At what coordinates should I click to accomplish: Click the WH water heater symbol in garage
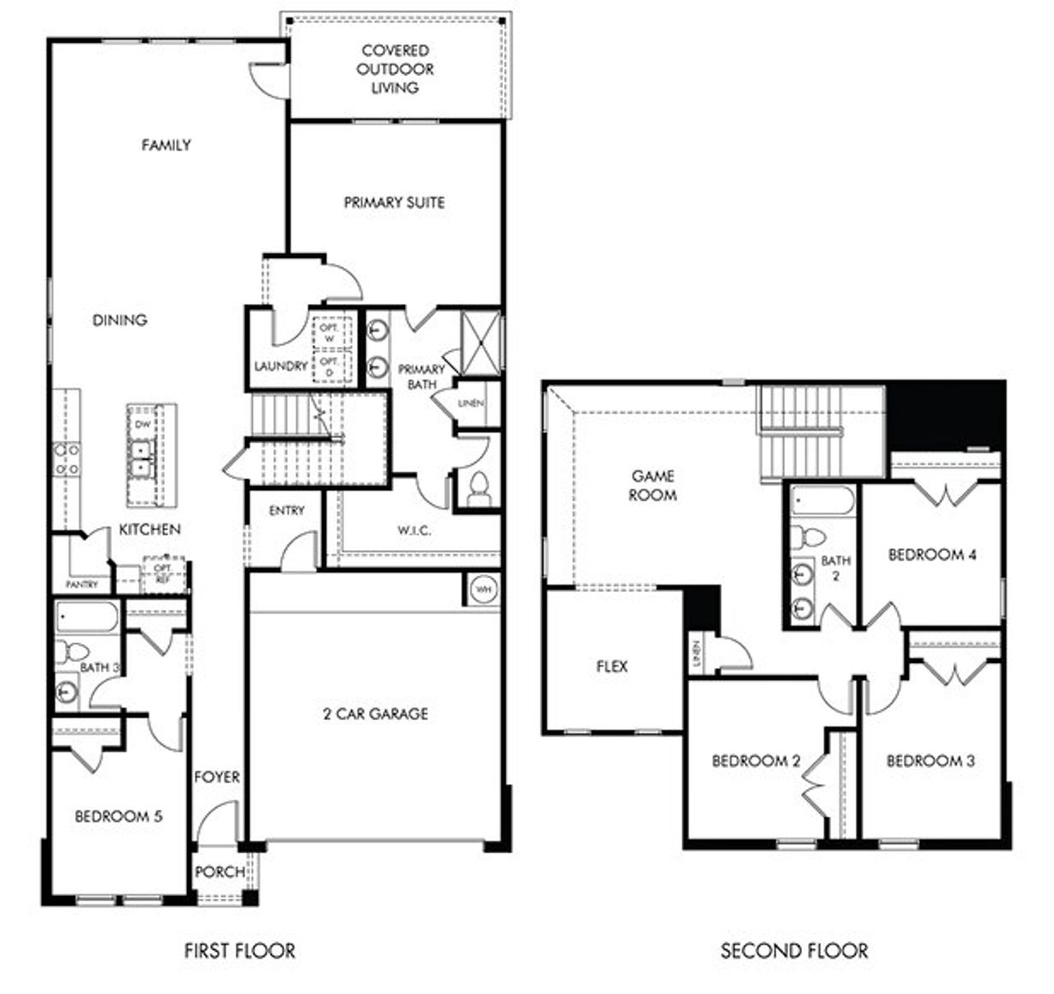[483, 590]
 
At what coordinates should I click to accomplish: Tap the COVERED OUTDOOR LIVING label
[395, 69]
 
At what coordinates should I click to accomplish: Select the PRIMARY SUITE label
[394, 203]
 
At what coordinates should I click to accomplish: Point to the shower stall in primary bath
[480, 341]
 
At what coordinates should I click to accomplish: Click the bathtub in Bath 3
[87, 618]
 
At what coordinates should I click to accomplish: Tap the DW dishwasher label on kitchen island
[143, 425]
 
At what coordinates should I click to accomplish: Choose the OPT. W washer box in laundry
[329, 333]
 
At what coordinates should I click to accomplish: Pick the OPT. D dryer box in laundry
[329, 367]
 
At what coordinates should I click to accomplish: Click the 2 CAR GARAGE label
[375, 714]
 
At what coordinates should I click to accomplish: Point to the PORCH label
[220, 872]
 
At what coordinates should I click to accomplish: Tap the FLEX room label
[612, 666]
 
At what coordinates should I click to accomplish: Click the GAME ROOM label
[653, 486]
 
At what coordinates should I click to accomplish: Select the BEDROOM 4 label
[932, 555]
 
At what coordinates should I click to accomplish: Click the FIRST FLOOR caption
[240, 951]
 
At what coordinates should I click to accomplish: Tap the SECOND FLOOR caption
[794, 951]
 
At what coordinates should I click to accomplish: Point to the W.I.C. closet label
[414, 531]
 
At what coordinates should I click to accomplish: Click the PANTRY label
[82, 585]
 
